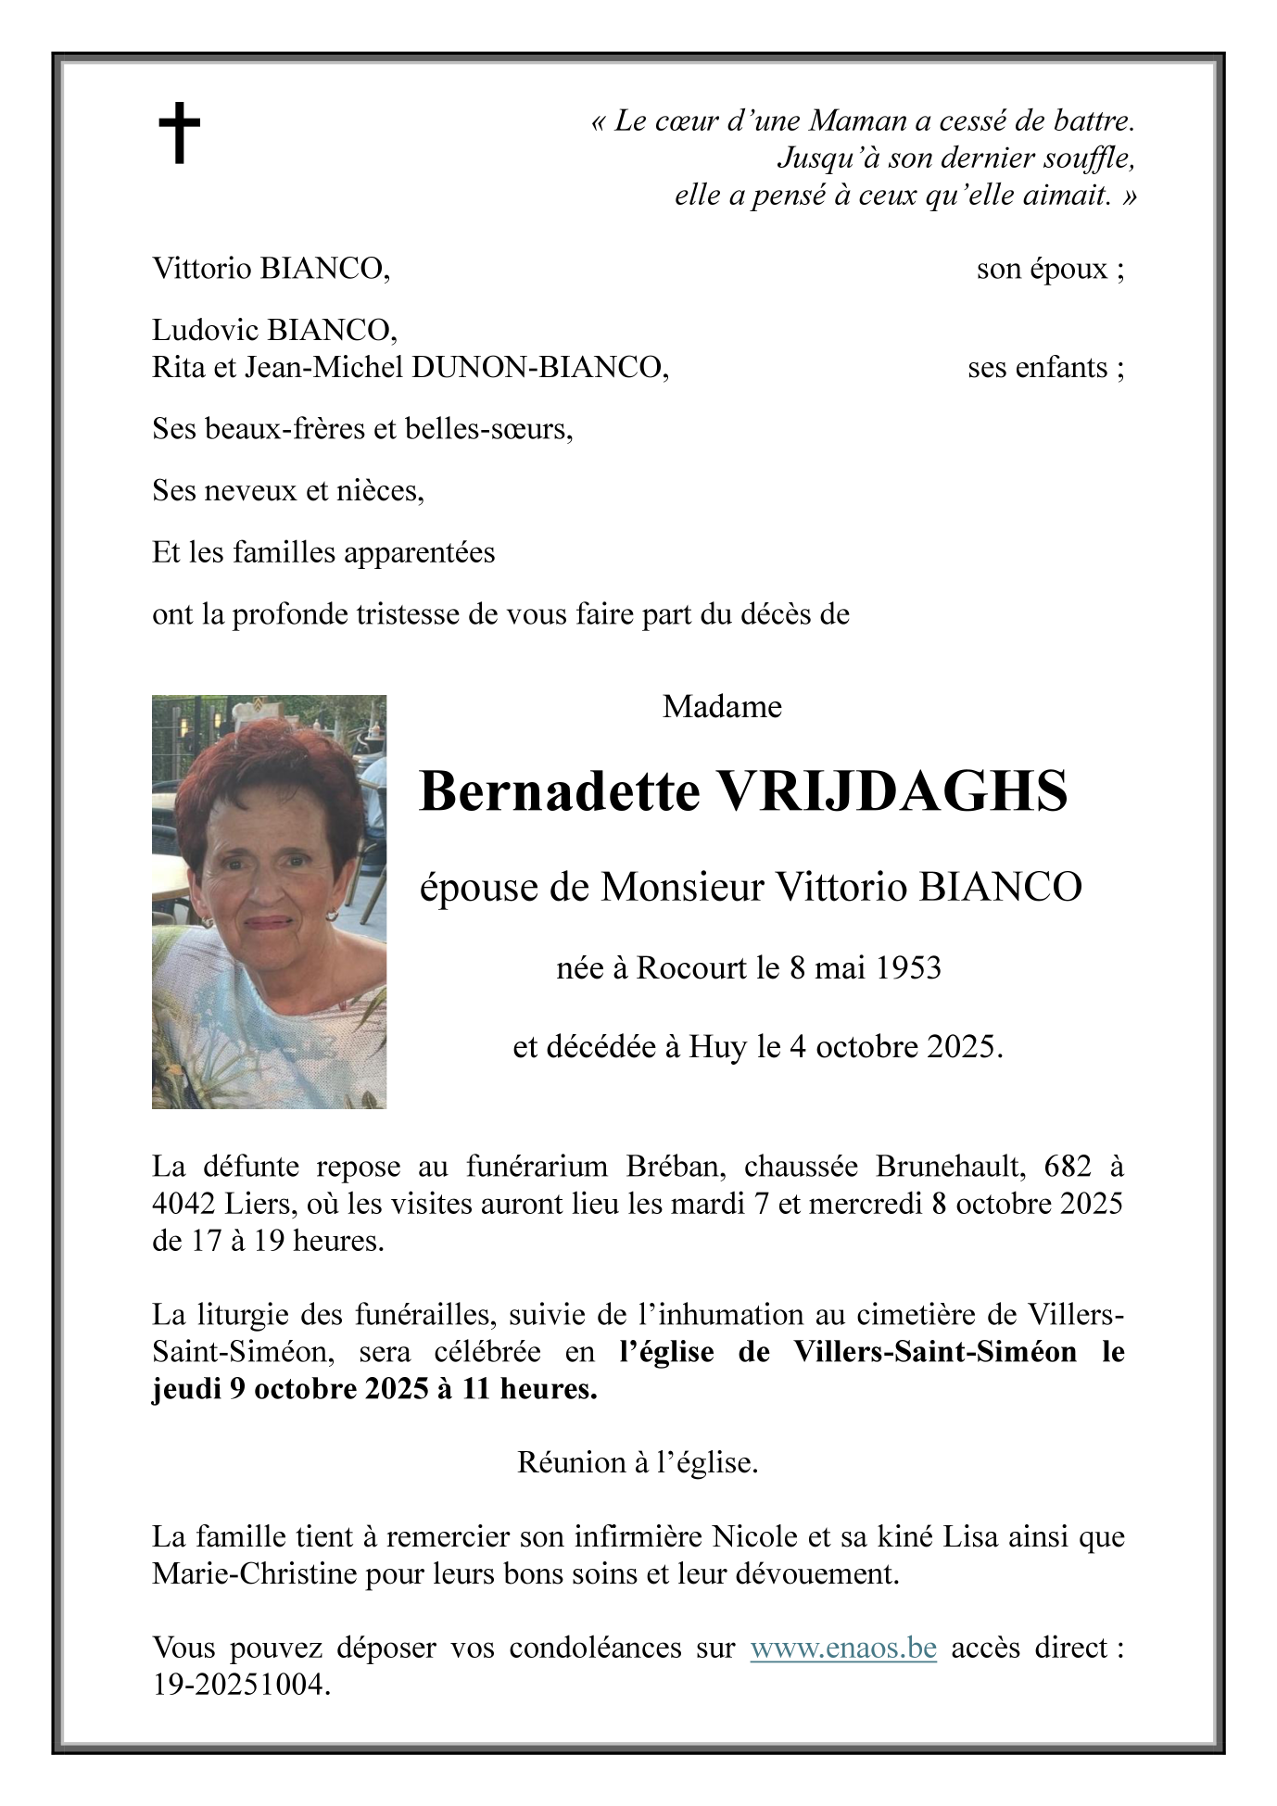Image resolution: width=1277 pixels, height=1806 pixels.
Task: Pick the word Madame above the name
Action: coord(722,707)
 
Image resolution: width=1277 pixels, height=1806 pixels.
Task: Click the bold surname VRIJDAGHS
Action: coord(893,792)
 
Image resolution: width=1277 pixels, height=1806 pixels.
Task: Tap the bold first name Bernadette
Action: coord(559,792)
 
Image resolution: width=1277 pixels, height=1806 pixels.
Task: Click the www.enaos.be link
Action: coord(842,1648)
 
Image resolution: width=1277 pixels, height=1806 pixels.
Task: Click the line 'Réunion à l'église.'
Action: coord(638,1463)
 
